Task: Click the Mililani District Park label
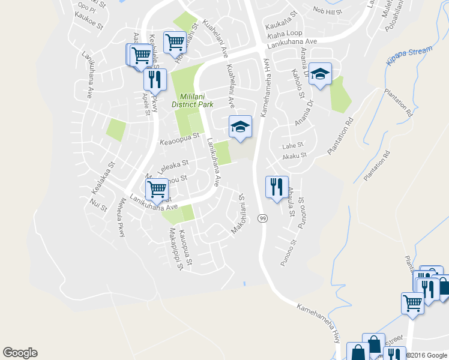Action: tap(192, 100)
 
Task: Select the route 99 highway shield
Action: tap(262, 219)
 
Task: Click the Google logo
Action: tap(20, 353)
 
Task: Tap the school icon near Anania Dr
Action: tap(320, 74)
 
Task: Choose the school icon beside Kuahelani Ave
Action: tap(240, 127)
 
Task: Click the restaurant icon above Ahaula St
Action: tap(277, 187)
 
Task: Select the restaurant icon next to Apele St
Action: tap(155, 79)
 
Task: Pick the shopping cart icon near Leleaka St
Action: tap(157, 189)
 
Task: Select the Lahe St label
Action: tap(293, 145)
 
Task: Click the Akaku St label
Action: tap(294, 155)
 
